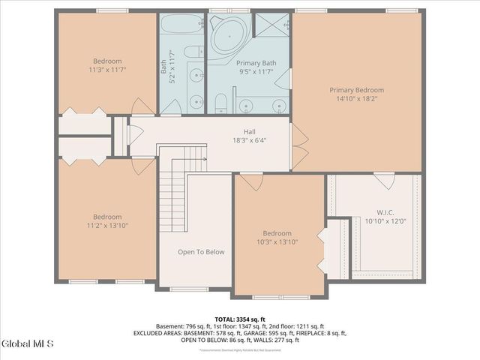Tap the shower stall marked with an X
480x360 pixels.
271,24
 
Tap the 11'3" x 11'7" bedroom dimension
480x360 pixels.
107,69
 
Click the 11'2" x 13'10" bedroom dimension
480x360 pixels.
107,224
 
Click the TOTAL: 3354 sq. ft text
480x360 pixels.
239,319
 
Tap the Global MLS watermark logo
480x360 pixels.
28,344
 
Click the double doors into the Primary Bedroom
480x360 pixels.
298,145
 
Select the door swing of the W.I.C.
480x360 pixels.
385,181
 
